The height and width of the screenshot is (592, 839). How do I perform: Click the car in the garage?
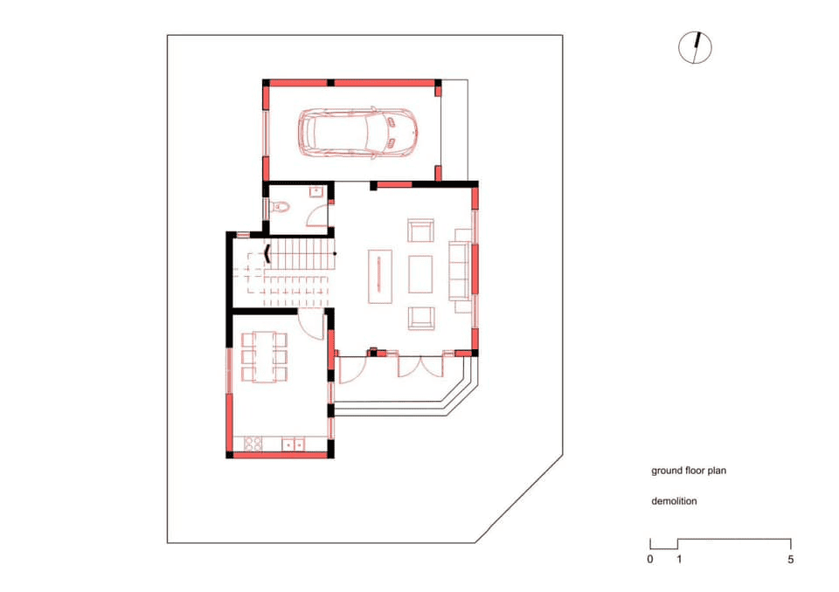pyautogui.click(x=357, y=132)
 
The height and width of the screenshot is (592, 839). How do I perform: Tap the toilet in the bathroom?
pyautogui.click(x=281, y=206)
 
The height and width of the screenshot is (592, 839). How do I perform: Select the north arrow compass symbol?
pyautogui.click(x=695, y=48)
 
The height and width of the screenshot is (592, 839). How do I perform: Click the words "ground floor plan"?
pyautogui.click(x=689, y=472)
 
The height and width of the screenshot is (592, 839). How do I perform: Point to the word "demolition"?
pyautogui.click(x=674, y=501)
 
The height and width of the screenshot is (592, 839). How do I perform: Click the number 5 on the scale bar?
pyautogui.click(x=791, y=560)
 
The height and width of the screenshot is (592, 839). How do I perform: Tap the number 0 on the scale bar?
pyautogui.click(x=650, y=560)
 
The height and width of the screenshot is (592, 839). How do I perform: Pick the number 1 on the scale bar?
pyautogui.click(x=679, y=560)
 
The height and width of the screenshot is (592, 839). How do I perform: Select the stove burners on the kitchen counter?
pyautogui.click(x=253, y=444)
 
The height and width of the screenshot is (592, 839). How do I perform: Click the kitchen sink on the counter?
pyautogui.click(x=293, y=444)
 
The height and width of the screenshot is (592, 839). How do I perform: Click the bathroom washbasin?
pyautogui.click(x=315, y=191)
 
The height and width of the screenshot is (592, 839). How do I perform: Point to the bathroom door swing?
pyautogui.click(x=316, y=216)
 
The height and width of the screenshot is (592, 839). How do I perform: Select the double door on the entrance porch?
pyautogui.click(x=420, y=367)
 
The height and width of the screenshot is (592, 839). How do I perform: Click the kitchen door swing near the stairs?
pyautogui.click(x=311, y=325)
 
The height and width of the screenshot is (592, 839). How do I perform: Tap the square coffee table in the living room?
pyautogui.click(x=420, y=274)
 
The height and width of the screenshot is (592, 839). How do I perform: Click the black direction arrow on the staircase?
pyautogui.click(x=267, y=253)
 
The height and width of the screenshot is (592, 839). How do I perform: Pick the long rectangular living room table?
pyautogui.click(x=379, y=277)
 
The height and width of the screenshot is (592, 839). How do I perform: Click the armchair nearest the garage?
pyautogui.click(x=420, y=231)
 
